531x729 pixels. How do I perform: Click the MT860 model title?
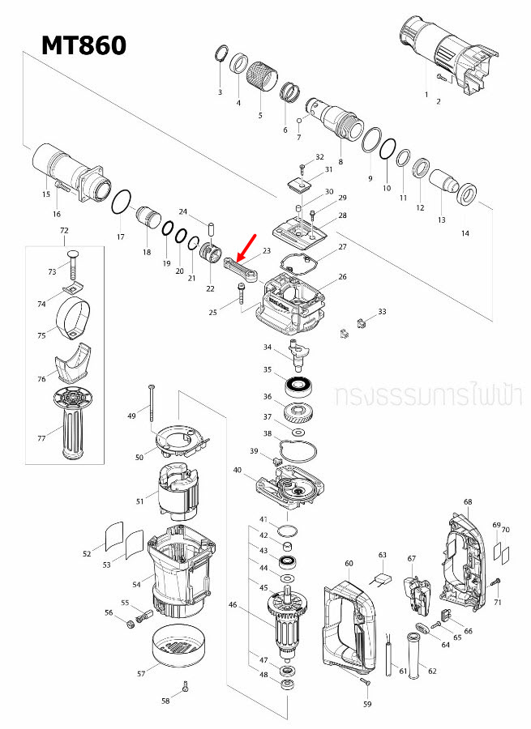[x=84, y=45]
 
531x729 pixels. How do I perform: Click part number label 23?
[x=267, y=252]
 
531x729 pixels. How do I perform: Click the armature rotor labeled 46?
[x=288, y=620]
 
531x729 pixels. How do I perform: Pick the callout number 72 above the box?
[x=64, y=231]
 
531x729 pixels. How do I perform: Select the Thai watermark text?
[x=429, y=396]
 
